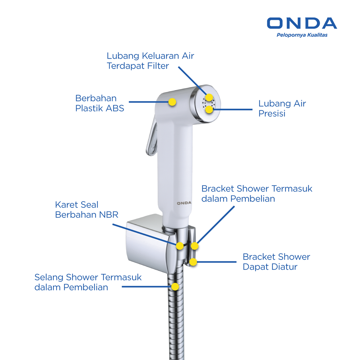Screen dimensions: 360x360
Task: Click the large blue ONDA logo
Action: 302,23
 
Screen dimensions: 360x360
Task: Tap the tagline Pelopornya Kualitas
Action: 302,35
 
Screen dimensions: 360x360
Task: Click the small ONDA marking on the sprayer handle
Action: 184,203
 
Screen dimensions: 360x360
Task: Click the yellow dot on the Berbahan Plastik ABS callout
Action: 172,102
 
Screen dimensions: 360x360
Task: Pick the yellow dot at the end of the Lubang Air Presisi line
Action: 209,109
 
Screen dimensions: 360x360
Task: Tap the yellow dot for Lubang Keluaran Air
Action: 209,97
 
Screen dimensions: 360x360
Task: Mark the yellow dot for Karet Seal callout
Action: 180,246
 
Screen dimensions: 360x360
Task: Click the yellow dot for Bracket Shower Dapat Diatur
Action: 193,262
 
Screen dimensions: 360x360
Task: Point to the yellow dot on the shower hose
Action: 175,287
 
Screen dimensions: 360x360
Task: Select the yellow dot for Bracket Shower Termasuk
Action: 194,246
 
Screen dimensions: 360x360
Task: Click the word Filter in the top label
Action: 158,66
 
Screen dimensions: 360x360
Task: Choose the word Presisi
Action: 272,113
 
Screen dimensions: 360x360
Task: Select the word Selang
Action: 49,277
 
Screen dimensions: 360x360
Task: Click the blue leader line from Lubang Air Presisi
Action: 233,110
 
